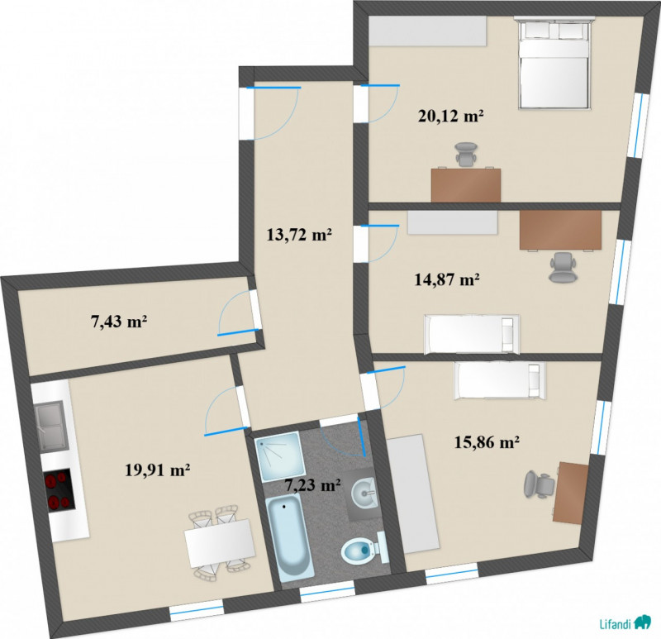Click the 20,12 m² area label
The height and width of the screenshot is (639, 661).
pos(450,115)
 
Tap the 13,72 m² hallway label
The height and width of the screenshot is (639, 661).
pos(299,234)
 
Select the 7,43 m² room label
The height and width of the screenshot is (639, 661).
pos(119,322)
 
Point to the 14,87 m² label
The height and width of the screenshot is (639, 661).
pos(447,279)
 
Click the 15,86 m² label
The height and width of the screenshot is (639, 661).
pos(487,442)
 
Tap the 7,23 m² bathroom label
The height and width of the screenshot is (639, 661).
pos(313,485)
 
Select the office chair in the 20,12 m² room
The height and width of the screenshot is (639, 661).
pos(466,155)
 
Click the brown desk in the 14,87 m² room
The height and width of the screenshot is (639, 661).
pos(561,230)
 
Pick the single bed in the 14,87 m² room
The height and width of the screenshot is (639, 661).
pos(472,334)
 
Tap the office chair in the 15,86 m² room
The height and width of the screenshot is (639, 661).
pos(539,484)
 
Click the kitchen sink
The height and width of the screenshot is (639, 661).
pos(51,426)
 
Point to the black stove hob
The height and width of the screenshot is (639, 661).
pos(59,491)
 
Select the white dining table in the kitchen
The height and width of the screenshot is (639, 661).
pos(220,542)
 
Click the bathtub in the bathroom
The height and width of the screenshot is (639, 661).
pos(290,535)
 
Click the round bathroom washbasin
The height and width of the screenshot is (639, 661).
pos(364,492)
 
